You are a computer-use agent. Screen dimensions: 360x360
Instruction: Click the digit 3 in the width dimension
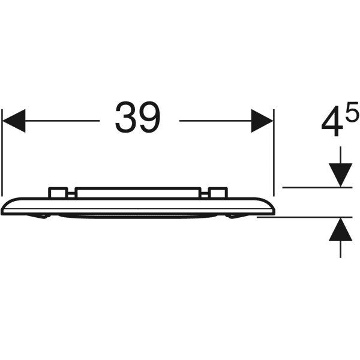[x=125, y=118]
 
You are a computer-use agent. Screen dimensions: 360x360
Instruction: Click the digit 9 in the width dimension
[x=149, y=118]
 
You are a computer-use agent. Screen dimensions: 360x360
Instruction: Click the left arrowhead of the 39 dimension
[x=14, y=121]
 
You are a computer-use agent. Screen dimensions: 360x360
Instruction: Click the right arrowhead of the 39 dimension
[x=262, y=121]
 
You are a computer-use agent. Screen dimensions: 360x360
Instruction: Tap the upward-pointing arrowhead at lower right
[x=340, y=229]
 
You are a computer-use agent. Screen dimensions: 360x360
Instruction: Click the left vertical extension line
[x=2, y=152]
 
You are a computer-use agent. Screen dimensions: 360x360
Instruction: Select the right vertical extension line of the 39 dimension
[x=274, y=152]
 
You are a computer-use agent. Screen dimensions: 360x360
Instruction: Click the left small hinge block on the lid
[x=58, y=193]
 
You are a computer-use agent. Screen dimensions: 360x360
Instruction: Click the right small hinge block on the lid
[x=218, y=193]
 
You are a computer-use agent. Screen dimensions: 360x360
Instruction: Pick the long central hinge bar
[x=138, y=193]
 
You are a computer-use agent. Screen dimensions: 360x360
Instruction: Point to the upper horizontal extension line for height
[x=317, y=188]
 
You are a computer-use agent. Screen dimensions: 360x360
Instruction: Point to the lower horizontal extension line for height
[x=304, y=217]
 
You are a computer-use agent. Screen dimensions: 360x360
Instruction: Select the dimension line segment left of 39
[x=62, y=121]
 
